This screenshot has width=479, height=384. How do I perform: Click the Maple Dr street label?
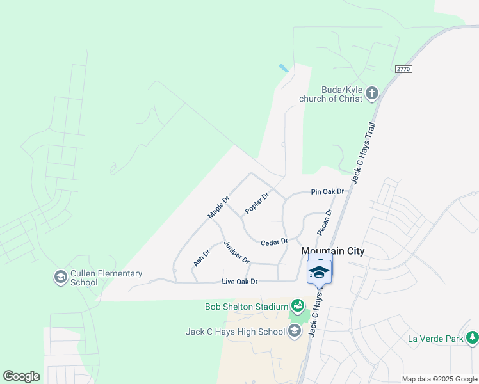pyautogui.click(x=218, y=207)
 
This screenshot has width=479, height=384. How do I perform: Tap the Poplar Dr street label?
pyautogui.click(x=256, y=204)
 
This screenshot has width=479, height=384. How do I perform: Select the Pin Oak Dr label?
pyautogui.click(x=327, y=191)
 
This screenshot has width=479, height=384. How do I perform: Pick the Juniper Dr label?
pyautogui.click(x=236, y=252)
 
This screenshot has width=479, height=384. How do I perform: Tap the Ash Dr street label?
pyautogui.click(x=201, y=258)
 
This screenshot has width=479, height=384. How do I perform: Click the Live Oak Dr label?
pyautogui.click(x=239, y=282)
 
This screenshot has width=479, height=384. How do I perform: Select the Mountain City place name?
pyautogui.click(x=333, y=252)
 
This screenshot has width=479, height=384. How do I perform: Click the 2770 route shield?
pyautogui.click(x=403, y=69)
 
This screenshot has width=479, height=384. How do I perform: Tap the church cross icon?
pyautogui.click(x=372, y=95)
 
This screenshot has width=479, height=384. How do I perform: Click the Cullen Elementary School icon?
pyautogui.click(x=60, y=277)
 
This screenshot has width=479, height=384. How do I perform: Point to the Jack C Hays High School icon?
pyautogui.click(x=294, y=331)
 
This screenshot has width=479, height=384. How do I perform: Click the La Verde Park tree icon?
pyautogui.click(x=472, y=337)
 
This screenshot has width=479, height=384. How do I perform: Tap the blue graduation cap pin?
pyautogui.click(x=320, y=272)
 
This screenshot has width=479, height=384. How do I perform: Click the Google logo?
pyautogui.click(x=21, y=376)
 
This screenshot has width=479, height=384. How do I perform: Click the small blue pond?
pyautogui.click(x=283, y=68)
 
